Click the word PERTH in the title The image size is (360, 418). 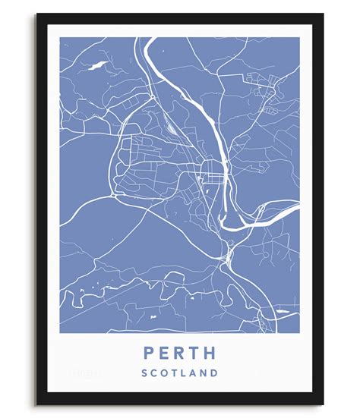179,354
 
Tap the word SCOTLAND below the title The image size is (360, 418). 179,373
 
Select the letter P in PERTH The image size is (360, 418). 147,354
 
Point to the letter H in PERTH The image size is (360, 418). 211,354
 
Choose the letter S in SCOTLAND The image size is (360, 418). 143,373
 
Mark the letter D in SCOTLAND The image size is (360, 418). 216,373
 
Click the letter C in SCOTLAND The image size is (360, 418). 153,373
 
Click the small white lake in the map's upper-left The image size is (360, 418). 98,65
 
